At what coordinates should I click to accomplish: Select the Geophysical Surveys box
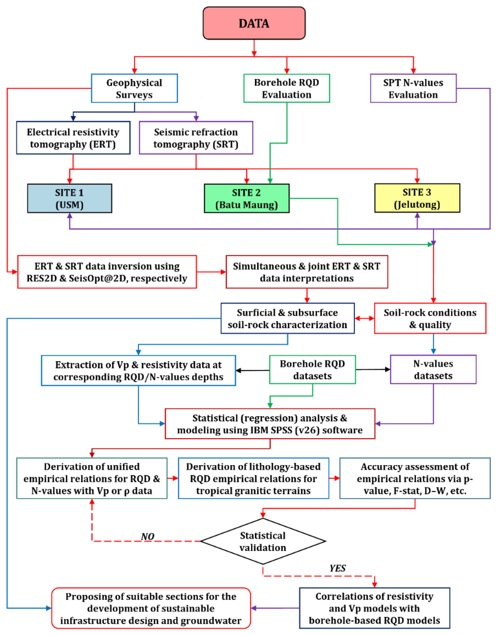tap(134, 88)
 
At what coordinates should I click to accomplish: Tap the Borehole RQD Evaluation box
tap(287, 88)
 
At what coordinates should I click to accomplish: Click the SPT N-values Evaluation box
tap(413, 88)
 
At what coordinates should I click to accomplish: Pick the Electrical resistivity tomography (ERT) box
tap(73, 138)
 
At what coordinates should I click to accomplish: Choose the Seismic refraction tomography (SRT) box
tap(196, 138)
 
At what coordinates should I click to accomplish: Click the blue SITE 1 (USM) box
tap(70, 198)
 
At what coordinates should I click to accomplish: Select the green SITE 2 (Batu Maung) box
tap(246, 198)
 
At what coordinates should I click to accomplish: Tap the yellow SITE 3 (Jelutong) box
tap(417, 198)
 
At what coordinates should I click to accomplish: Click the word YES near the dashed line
tap(337, 568)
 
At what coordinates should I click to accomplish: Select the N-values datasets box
tap(433, 369)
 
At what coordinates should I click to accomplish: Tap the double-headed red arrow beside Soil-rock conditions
tap(364, 318)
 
